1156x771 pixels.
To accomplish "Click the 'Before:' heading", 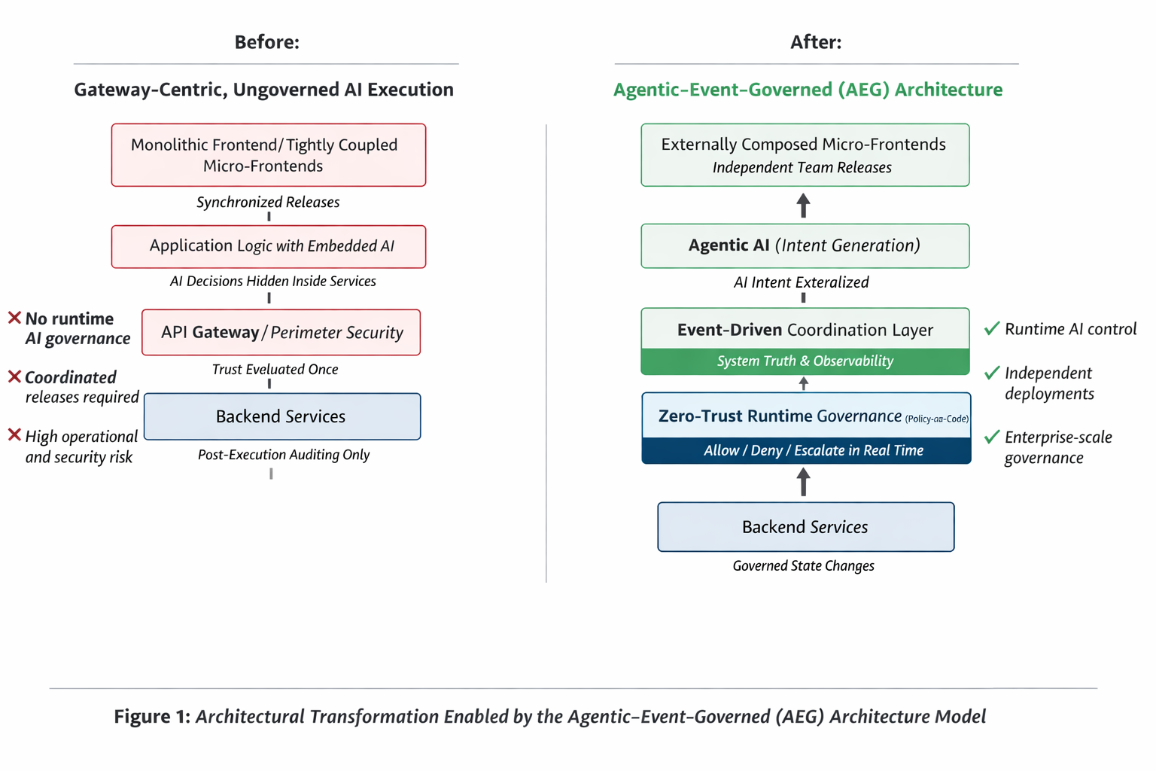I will pos(266,42).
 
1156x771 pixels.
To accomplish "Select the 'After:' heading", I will pos(816,42).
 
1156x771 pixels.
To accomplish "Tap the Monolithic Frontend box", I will pos(269,155).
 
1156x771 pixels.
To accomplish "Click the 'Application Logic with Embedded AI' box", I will pos(269,246).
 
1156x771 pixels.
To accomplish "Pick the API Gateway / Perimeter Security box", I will pos(281,332).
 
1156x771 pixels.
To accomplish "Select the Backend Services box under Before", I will pos(281,416).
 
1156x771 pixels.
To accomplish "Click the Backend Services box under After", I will pos(805,527).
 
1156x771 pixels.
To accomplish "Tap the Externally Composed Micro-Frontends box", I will pos(805,155).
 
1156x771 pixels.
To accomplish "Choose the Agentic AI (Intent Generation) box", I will pos(805,245).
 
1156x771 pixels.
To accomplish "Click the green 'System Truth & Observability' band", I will pos(805,361).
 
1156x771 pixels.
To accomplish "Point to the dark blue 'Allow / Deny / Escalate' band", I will pos(805,450).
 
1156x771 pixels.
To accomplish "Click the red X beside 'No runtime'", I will pos(14,318).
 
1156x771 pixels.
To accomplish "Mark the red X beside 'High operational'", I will pos(14,435).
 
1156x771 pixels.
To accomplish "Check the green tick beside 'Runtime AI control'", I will pos(992,328).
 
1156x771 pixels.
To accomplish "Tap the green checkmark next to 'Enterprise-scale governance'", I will pos(992,437).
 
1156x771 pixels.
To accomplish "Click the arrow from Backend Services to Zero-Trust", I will pos(804,482).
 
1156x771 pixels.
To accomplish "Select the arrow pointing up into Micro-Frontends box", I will pos(804,205).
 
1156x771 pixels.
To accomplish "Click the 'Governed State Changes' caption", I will pos(803,566).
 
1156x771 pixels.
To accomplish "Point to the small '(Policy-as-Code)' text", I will pos(936,419).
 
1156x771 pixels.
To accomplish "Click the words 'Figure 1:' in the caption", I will pos(152,716).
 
